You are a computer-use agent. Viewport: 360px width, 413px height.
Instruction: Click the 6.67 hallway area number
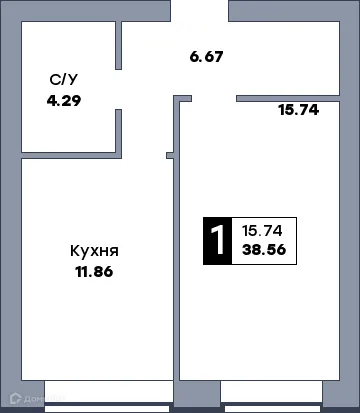(x=205, y=56)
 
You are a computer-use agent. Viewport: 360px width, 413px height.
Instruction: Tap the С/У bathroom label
(x=62, y=80)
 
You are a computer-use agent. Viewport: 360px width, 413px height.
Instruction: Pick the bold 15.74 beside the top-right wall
(x=297, y=110)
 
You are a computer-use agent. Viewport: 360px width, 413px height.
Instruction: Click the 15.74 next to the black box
(x=262, y=229)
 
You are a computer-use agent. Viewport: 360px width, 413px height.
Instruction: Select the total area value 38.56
(x=264, y=251)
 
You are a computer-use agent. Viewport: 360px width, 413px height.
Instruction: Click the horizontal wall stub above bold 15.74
(x=289, y=97)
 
